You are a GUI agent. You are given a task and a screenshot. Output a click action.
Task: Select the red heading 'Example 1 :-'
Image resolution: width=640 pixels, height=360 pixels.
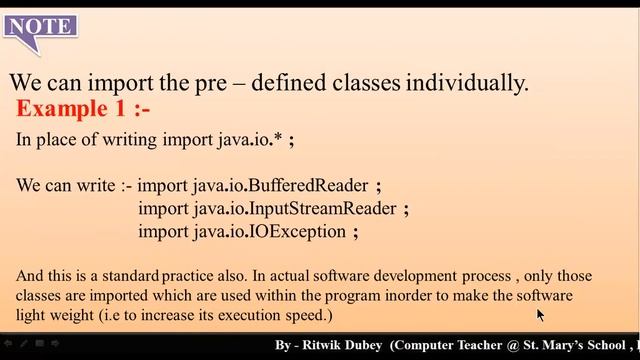pyautogui.click(x=83, y=108)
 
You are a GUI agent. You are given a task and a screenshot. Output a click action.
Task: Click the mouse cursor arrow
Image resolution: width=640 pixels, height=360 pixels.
pyautogui.click(x=540, y=315)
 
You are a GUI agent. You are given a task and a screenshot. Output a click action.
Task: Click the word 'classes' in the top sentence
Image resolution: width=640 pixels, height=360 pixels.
pyautogui.click(x=348, y=83)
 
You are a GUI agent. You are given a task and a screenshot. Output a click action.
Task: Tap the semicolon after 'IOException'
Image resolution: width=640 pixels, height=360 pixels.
pyautogui.click(x=355, y=232)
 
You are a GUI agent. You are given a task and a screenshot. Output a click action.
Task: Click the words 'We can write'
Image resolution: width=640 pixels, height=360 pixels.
pyautogui.click(x=63, y=186)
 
